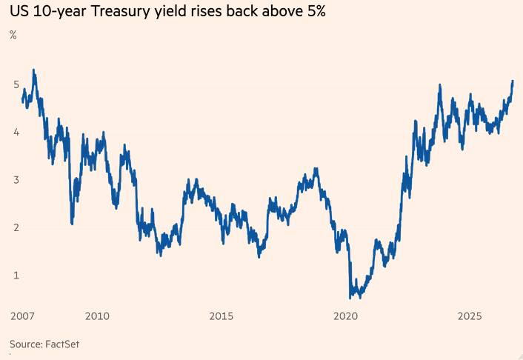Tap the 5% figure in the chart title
[x=315, y=11]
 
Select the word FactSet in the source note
[x=62, y=344]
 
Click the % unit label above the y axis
[x=13, y=35]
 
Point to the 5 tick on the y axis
[x=16, y=84]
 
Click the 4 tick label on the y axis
[x=16, y=133]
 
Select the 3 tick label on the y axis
[x=16, y=180]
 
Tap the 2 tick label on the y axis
[x=16, y=227]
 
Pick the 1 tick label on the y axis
[x=16, y=276]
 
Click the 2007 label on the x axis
[x=22, y=316]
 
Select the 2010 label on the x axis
[x=97, y=316]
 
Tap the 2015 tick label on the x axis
[x=221, y=316]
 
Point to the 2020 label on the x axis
[x=345, y=316]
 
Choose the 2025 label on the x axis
[x=470, y=316]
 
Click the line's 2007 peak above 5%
[x=33, y=70]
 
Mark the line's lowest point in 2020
[x=350, y=296]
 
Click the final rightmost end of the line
[x=513, y=81]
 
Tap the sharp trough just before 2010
[x=72, y=223]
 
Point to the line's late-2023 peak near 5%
[x=440, y=85]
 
